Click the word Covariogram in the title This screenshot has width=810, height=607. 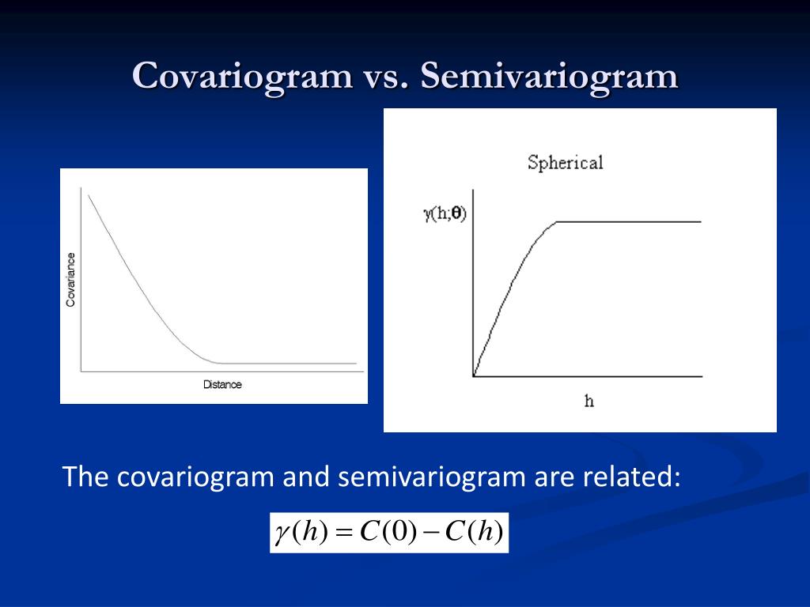(x=242, y=77)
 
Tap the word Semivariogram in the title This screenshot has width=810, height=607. (x=549, y=77)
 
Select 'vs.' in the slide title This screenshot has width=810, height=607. (x=386, y=77)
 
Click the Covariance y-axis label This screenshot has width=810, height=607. (x=70, y=279)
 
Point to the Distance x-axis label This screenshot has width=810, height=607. (x=222, y=385)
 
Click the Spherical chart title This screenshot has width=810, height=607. (x=565, y=163)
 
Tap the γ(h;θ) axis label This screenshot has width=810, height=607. (x=445, y=213)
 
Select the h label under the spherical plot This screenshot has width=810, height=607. (x=589, y=401)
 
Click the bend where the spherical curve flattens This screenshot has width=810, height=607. (x=556, y=222)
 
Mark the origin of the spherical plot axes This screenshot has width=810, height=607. (x=473, y=376)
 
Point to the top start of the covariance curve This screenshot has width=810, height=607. (x=89, y=196)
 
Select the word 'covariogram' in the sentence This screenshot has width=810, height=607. (x=195, y=477)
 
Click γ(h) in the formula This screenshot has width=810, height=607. (x=301, y=532)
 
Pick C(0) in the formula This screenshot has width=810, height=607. (x=388, y=532)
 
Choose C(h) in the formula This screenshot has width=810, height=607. (x=474, y=532)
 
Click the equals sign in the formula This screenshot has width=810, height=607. (x=344, y=533)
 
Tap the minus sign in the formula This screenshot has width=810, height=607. (x=430, y=533)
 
